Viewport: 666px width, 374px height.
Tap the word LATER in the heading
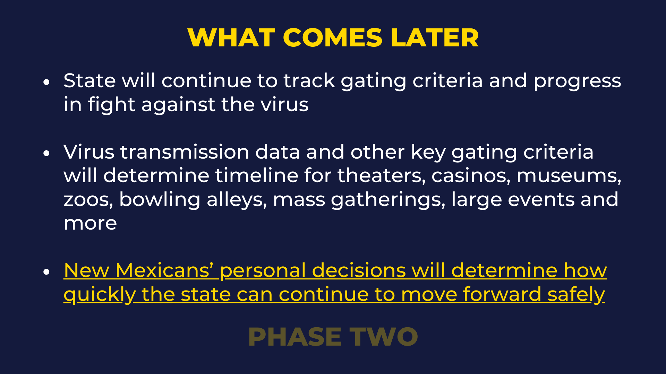coord(435,37)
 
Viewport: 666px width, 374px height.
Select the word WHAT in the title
coord(231,37)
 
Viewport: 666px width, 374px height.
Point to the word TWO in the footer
coord(384,337)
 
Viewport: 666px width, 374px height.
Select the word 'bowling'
coord(160,201)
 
